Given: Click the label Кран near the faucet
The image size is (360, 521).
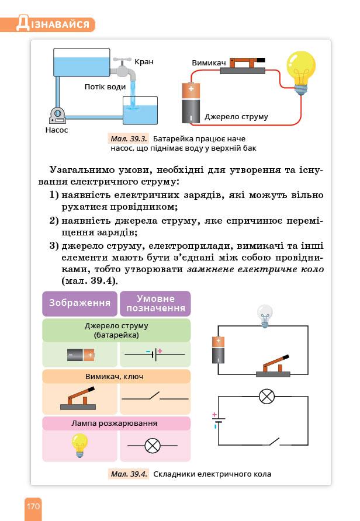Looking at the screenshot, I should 144,62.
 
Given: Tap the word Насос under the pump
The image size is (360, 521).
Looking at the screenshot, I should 57,130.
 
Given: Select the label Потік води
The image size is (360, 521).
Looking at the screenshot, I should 105,87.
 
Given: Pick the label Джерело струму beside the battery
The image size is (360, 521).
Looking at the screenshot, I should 236,117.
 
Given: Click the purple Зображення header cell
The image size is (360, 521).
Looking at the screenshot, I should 79,303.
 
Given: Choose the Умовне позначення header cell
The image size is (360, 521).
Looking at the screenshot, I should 155,303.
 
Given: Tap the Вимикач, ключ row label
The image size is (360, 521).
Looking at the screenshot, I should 116,376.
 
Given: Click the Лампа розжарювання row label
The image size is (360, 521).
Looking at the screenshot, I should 116,423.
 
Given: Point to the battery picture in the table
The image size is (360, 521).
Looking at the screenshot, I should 81,354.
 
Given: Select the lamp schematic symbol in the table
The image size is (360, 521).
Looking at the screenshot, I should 153,446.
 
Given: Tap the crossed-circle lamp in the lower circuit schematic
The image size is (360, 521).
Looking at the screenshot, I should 267,397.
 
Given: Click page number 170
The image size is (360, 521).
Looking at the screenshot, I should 33,506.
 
